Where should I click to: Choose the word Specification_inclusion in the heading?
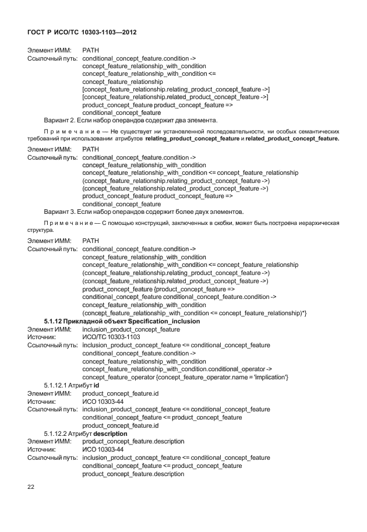164,321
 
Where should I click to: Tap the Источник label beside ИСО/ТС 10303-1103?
41,337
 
